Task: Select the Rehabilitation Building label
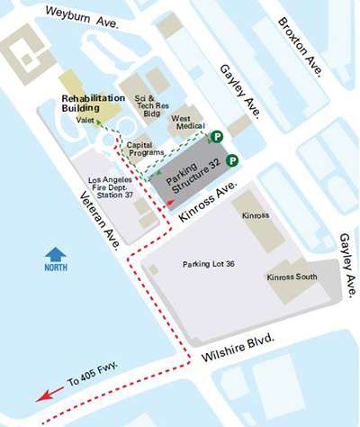[92, 103]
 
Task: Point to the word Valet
[86, 119]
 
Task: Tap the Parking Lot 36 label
[208, 264]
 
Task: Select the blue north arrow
[57, 254]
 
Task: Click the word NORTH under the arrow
[57, 269]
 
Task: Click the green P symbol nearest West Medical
[216, 137]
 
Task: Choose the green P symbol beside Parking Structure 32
[232, 160]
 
